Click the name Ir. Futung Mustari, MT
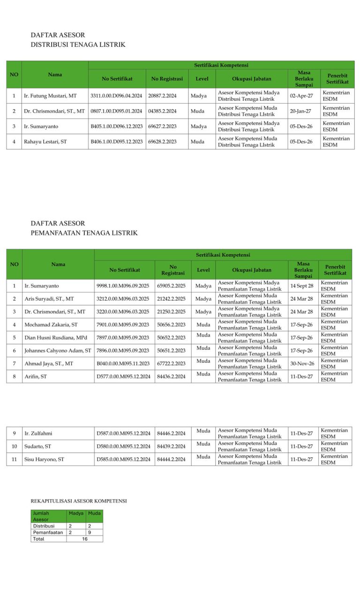coord(50,96)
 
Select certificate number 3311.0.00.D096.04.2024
coord(116,96)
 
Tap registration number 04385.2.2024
coord(162,111)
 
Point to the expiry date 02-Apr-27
coord(301,96)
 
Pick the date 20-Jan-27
coord(300,111)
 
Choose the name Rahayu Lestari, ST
coord(45,142)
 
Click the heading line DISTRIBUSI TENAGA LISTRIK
coord(78,45)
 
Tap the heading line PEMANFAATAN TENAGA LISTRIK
coord(84,233)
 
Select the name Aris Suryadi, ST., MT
coord(49,299)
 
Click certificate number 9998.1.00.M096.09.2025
coord(123,285)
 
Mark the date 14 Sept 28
coord(301,285)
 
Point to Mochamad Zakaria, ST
coord(51,324)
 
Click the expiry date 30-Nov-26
coord(302,363)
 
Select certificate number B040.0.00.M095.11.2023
coord(123,363)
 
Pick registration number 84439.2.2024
coord(171,446)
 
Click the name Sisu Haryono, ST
coord(44,459)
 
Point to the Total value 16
coord(85,539)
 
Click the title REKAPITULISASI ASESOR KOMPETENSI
coord(79,501)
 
